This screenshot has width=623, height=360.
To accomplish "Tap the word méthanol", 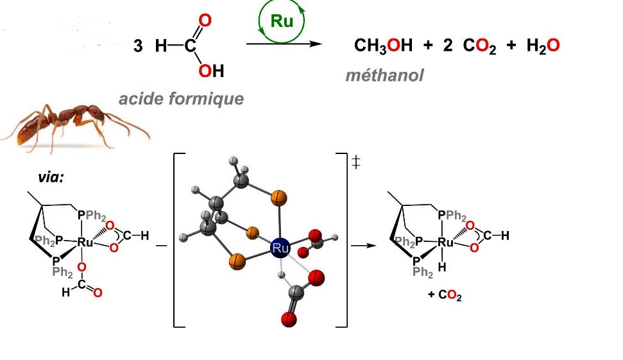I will pos(384,76).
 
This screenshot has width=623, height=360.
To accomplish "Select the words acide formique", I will pos(181,99).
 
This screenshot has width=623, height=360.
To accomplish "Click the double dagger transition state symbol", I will pos(356,163).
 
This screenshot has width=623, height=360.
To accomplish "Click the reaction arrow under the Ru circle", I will pos(283,44).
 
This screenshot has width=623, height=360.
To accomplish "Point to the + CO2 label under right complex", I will pos(444,297).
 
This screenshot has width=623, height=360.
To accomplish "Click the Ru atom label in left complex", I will pos(85,242).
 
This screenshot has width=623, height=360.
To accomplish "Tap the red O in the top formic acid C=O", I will pos(205,21).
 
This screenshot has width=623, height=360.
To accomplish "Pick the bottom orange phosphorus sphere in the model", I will pos(236,261).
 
